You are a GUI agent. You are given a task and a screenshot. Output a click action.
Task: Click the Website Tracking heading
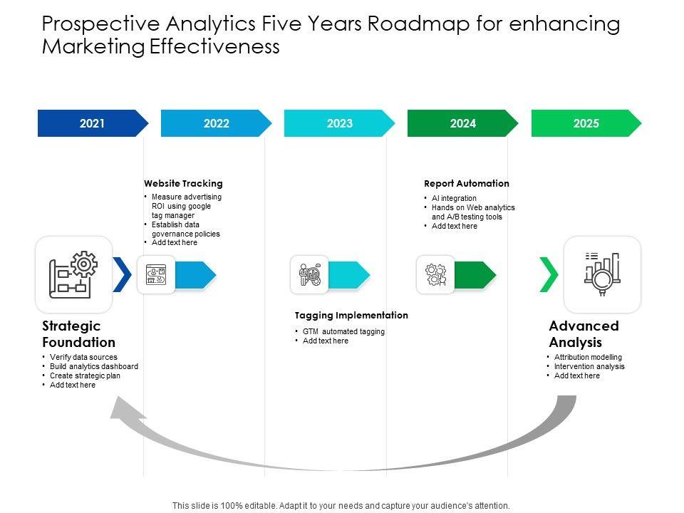(183, 184)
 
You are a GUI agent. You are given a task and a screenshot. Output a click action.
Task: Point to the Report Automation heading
(467, 184)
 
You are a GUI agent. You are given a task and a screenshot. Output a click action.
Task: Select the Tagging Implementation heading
(351, 315)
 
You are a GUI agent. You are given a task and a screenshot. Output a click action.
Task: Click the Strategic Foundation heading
(78, 334)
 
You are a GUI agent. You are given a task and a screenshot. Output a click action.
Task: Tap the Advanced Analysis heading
(584, 334)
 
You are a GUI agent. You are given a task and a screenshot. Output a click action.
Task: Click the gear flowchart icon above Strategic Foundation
(74, 274)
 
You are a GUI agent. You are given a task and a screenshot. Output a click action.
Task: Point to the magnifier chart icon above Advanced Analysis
(602, 275)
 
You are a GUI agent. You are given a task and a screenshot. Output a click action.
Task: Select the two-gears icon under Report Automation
(435, 275)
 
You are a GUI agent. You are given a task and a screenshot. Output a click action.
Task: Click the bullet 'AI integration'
(454, 198)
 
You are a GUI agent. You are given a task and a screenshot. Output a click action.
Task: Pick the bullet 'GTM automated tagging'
(343, 331)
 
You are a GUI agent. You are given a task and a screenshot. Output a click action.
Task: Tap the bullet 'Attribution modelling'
(588, 357)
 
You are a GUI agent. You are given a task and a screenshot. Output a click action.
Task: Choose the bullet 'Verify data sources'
(83, 357)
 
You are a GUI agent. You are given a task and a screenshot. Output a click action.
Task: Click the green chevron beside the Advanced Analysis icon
(549, 275)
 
